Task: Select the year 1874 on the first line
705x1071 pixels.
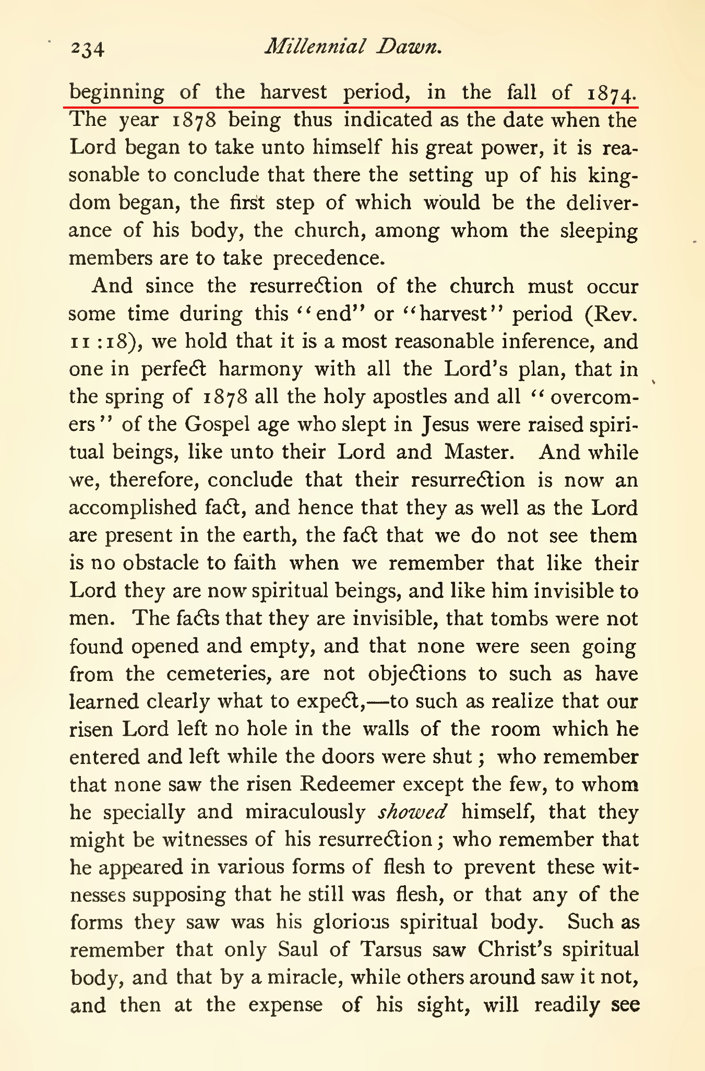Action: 611,93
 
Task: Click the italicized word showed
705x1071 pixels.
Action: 412,812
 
